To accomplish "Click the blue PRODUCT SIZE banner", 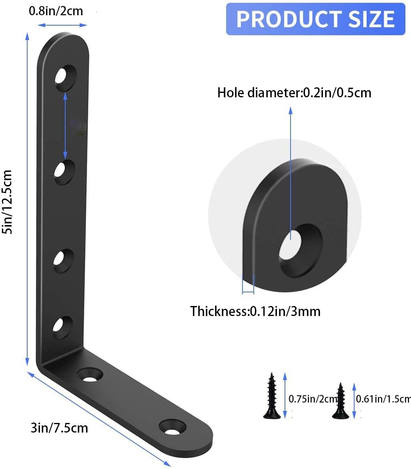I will (x=315, y=19).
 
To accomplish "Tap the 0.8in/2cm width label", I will (x=56, y=11).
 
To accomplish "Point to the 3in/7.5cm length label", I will (x=59, y=428).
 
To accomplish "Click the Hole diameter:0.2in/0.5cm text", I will (x=294, y=93).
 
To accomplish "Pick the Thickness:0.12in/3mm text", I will (x=255, y=311).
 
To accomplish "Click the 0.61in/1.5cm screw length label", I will (x=383, y=399).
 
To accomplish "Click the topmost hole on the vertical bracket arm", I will (x=65, y=74).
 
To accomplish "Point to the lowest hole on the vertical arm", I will (x=63, y=325).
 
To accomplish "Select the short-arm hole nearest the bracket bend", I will (x=91, y=376).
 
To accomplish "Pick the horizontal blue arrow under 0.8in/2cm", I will (x=64, y=25).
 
